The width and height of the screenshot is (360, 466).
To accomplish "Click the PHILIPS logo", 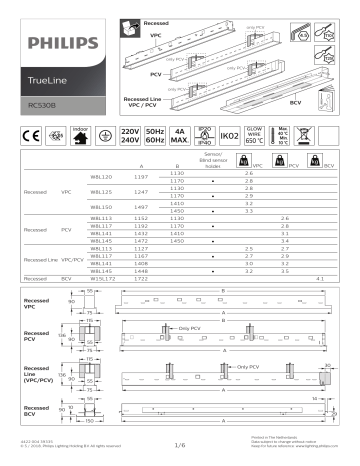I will tap(56, 43).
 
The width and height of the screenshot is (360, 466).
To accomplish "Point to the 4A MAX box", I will tap(182, 134).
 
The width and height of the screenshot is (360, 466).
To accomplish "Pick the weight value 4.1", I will tap(321, 277).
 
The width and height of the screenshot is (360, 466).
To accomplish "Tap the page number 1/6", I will tap(181, 446).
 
